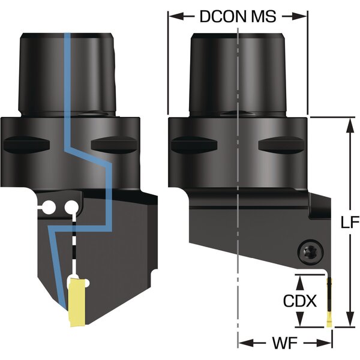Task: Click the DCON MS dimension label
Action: coord(238,16)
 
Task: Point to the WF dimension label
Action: coord(286,344)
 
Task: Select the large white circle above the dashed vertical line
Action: coord(73,208)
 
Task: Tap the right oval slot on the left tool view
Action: coord(112,146)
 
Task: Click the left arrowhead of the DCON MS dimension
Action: coord(172,17)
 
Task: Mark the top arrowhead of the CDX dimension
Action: coord(301,278)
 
